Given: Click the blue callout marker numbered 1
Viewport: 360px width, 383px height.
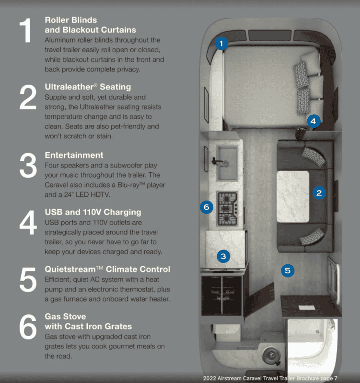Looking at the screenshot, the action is pyautogui.click(x=221, y=44).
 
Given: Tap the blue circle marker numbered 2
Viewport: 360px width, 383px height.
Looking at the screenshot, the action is pyautogui.click(x=319, y=193).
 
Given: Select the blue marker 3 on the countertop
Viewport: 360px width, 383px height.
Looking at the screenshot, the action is pyautogui.click(x=223, y=256).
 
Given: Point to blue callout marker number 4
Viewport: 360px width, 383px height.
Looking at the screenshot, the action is pyautogui.click(x=314, y=121).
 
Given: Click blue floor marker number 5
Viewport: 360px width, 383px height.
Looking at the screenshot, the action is pyautogui.click(x=288, y=270).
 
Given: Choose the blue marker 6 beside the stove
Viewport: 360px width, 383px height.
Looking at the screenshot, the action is pyautogui.click(x=207, y=207).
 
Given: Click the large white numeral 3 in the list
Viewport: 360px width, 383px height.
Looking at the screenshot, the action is pyautogui.click(x=28, y=165).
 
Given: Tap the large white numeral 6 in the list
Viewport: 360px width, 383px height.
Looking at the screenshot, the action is pyautogui.click(x=28, y=327).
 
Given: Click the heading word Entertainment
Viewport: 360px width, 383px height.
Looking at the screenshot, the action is pyautogui.click(x=74, y=155).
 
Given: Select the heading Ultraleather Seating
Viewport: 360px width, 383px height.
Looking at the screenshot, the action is pyautogui.click(x=88, y=87).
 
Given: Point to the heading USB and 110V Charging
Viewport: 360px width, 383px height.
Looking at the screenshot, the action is pyautogui.click(x=93, y=212).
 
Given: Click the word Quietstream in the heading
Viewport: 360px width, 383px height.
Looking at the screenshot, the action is pyautogui.click(x=70, y=269).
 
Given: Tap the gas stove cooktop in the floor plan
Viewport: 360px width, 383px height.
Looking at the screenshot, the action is pyautogui.click(x=227, y=209).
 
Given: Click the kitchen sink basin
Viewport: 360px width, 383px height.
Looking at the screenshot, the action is pyautogui.click(x=227, y=163).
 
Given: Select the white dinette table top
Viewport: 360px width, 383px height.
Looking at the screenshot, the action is pyautogui.click(x=293, y=197).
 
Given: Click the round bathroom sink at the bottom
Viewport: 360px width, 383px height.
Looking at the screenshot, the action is pyautogui.click(x=271, y=354).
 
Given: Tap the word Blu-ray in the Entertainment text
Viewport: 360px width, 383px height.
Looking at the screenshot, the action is pyautogui.click(x=128, y=185).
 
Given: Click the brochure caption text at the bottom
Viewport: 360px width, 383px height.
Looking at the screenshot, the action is pyautogui.click(x=270, y=378).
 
